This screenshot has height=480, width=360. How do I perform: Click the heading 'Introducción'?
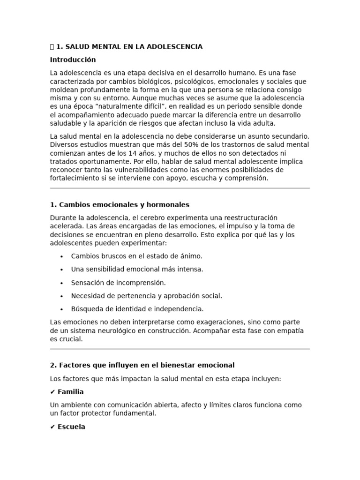tap(73, 60)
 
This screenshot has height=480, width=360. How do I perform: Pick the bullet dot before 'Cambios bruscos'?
tap(62, 256)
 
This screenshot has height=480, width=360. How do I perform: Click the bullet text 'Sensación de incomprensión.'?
tap(118, 283)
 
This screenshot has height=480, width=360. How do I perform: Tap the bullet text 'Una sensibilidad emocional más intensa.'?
tap(137, 269)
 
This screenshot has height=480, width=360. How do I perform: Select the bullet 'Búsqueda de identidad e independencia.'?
tap(137, 309)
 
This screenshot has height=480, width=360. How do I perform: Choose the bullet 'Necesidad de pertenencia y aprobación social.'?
tap(146, 296)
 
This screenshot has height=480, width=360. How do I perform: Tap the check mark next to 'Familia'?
tap(52, 391)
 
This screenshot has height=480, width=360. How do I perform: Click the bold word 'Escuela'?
tap(71, 427)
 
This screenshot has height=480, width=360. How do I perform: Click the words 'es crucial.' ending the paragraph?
tap(66, 339)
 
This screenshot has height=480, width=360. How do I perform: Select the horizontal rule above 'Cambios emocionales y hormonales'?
tap(180, 188)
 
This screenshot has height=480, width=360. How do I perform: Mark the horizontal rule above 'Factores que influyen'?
tap(180, 349)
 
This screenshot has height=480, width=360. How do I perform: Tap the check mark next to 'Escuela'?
tap(52, 427)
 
